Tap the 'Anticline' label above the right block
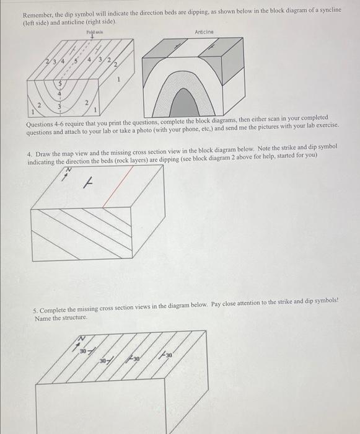204,30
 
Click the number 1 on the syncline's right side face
117,80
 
